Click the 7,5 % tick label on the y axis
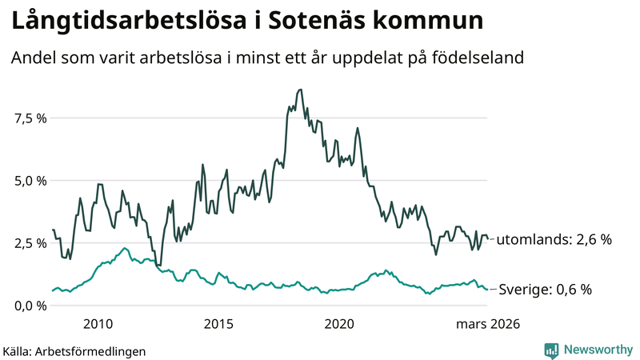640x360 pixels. (29, 118)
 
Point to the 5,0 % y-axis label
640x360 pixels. (29, 181)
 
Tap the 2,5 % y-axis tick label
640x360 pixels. (29, 243)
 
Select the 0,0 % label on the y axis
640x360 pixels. (29, 306)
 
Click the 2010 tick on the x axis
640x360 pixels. (98, 324)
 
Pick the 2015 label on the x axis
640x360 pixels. (218, 324)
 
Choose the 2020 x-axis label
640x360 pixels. (339, 324)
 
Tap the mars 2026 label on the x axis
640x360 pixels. (488, 324)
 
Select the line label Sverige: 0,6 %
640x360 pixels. (546, 290)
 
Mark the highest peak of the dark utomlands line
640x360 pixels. (300, 90)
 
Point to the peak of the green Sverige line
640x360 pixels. (125, 248)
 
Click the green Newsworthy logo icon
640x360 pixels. (551, 350)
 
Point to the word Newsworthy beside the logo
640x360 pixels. (597, 350)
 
